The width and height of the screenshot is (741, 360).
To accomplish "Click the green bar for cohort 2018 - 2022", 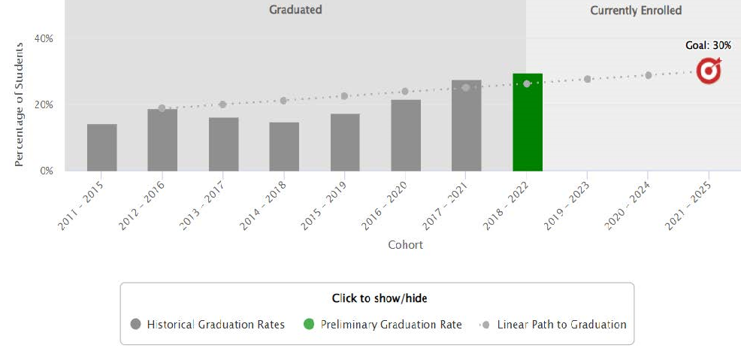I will pos(527,123).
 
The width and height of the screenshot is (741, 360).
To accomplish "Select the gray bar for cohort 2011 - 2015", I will pos(101,147).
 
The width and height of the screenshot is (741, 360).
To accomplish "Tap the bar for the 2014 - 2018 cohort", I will pos(284,147).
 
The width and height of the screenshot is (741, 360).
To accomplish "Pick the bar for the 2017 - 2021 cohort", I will pos(466,126).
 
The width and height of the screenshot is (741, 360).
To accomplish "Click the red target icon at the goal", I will pos(708,71).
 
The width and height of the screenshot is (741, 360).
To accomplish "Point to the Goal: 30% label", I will pos(708,46).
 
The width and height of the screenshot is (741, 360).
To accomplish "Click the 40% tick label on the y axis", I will pos(46,38).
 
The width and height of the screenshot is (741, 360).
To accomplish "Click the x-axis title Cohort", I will pos(405,245).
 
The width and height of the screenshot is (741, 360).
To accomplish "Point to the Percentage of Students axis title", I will pos(20,104).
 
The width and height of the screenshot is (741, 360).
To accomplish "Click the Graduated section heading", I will pos(295,10).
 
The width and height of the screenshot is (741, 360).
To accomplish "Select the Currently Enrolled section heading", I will pos(636,11).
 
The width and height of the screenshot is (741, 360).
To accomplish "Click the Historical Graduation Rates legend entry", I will pos(207,325).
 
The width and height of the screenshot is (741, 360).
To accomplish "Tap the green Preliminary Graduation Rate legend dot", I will pos(308,325).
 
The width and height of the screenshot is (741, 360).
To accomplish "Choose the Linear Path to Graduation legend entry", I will pos(553,325).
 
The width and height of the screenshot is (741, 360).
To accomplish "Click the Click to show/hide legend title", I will pos(379,298).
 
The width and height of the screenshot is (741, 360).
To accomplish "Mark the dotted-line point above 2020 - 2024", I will pos(648,75).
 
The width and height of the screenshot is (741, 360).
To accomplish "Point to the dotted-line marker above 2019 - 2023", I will pos(587,79).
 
